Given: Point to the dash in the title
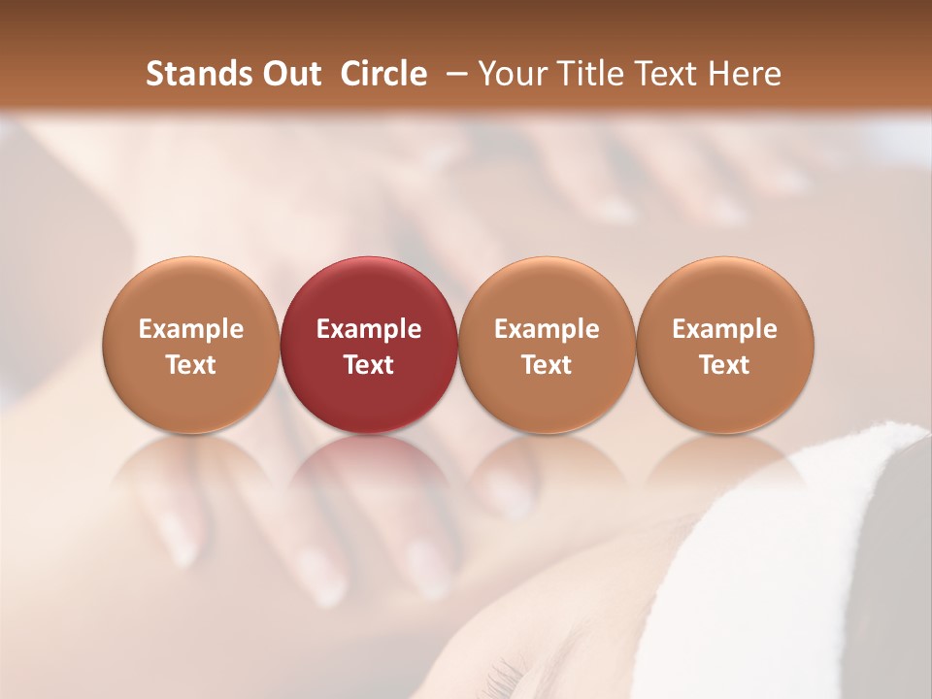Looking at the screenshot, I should point(453,74).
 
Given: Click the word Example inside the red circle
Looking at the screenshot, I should point(369,329).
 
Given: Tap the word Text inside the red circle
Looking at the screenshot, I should point(369,365).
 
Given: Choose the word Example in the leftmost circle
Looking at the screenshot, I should point(191,329).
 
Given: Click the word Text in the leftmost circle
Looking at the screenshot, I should point(191,365).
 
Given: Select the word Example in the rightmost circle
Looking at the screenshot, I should point(725,329).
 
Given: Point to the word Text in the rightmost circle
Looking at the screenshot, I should point(725,365).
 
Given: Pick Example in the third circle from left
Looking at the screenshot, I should point(547,329).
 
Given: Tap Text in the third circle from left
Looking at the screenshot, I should point(547,365).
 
